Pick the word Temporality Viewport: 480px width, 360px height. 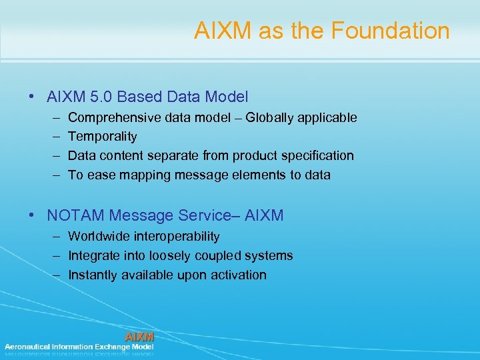(102, 137)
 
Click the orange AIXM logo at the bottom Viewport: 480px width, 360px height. (139, 337)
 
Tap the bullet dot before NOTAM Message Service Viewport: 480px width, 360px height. (33, 215)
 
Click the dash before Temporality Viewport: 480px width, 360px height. (53, 137)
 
